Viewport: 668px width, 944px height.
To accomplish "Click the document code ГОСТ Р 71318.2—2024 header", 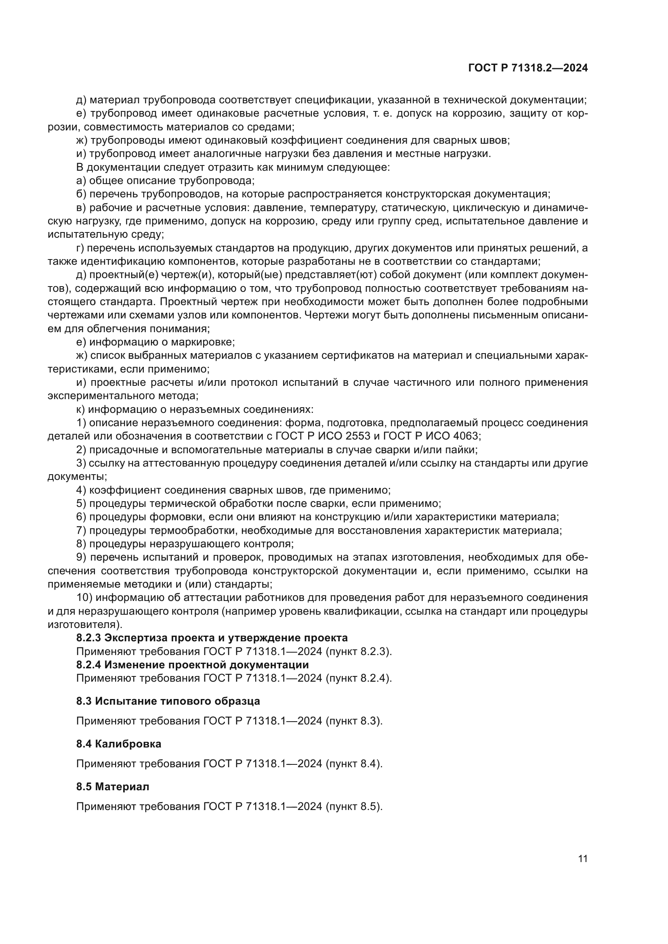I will pos(528,68).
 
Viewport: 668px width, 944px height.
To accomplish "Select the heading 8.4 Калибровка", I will pos(118,743).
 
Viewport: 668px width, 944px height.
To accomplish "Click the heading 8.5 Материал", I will pos(112,786).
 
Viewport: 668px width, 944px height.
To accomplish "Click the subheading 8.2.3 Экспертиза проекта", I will pos(212,638).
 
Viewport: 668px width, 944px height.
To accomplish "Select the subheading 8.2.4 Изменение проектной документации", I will pos(192,664).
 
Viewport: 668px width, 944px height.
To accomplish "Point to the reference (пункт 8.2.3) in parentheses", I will pos(358,651).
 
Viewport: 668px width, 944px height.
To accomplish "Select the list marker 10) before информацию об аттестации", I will pos(84,597).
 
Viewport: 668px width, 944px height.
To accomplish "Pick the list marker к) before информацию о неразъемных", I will pos(80,410).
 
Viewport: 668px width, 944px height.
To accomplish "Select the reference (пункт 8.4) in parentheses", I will pos(354,764).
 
